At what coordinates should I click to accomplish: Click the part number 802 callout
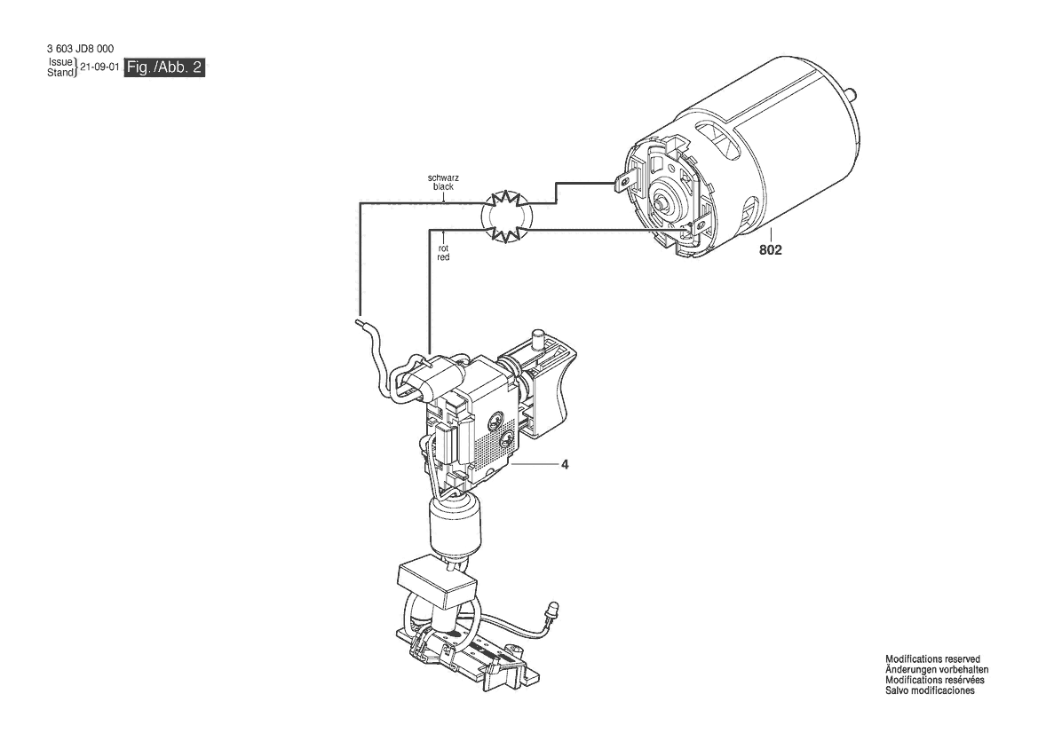[x=771, y=250]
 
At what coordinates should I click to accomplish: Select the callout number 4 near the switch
[x=565, y=464]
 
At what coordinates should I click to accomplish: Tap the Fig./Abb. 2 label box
[x=164, y=67]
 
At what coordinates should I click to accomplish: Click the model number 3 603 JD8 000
[x=80, y=49]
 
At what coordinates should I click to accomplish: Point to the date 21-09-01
[x=100, y=67]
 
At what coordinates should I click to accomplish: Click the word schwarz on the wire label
[x=444, y=178]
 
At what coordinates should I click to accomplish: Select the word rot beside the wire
[x=444, y=248]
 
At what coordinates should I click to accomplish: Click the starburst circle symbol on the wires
[x=506, y=216]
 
